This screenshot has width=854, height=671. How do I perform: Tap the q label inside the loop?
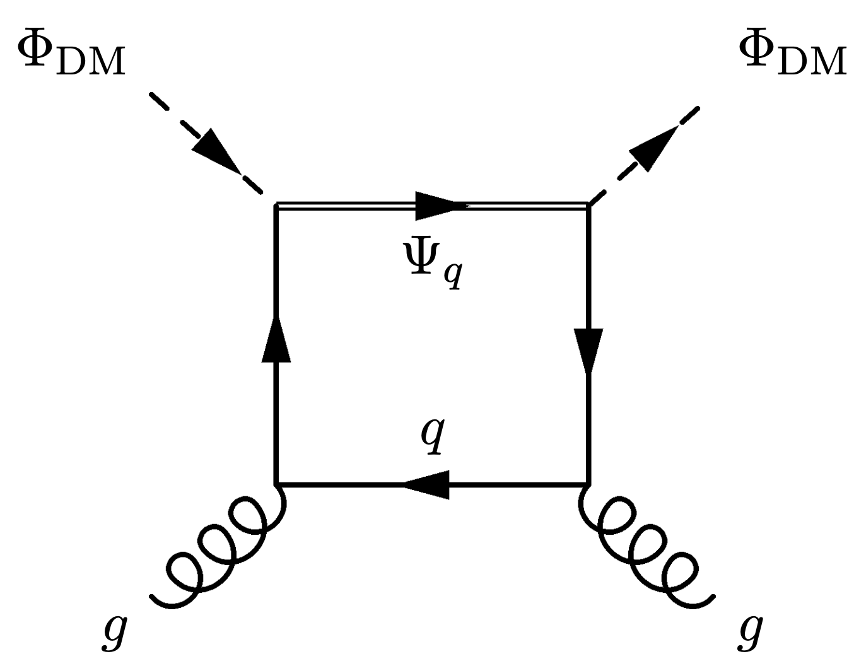434,435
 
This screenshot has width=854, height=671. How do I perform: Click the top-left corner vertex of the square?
276,204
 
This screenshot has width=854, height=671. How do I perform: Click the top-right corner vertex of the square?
588,204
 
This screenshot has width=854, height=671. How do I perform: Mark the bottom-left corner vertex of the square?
276,484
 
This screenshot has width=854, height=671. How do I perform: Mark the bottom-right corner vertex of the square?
588,484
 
